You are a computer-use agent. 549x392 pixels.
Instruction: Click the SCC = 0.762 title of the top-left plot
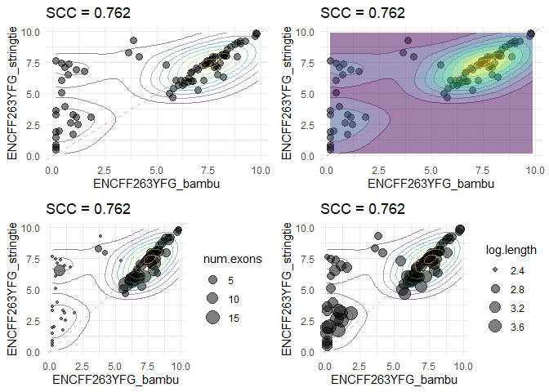pyautogui.click(x=88, y=12)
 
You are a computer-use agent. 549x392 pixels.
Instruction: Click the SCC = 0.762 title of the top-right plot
pyautogui.click(x=363, y=12)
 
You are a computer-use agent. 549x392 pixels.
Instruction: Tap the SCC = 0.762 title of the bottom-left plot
pyautogui.click(x=88, y=208)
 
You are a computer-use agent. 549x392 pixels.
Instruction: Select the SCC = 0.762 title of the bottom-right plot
pyautogui.click(x=363, y=208)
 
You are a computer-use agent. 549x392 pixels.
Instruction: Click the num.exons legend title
pyautogui.click(x=233, y=260)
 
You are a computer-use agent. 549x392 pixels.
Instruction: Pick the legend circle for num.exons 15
pyautogui.click(x=212, y=317)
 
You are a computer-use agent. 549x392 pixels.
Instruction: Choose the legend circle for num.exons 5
pyautogui.click(x=212, y=279)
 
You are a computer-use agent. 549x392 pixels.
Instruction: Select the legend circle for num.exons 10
pyautogui.click(x=212, y=298)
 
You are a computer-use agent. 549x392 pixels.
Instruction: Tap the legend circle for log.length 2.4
pyautogui.click(x=494, y=269)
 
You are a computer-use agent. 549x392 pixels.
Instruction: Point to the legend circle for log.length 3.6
pyautogui.click(x=494, y=327)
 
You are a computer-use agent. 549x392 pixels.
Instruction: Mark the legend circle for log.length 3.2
pyautogui.click(x=494, y=308)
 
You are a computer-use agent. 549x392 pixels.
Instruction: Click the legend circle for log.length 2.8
pyautogui.click(x=494, y=288)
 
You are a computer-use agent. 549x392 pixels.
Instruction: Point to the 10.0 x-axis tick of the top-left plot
pyautogui.click(x=260, y=168)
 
